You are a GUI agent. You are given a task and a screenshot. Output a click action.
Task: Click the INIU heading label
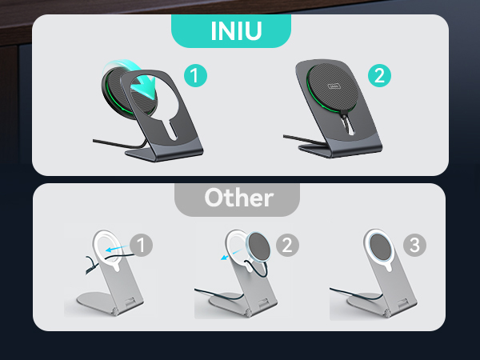[x=230, y=32]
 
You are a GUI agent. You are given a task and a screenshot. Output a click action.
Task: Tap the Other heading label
[x=238, y=198]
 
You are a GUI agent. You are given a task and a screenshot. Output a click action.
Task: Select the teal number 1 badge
[x=195, y=77]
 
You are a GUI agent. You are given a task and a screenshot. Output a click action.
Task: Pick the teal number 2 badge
[x=379, y=77]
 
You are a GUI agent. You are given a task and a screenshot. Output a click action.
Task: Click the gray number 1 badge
[x=141, y=245]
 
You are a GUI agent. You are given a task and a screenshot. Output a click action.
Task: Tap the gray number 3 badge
[x=414, y=245]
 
